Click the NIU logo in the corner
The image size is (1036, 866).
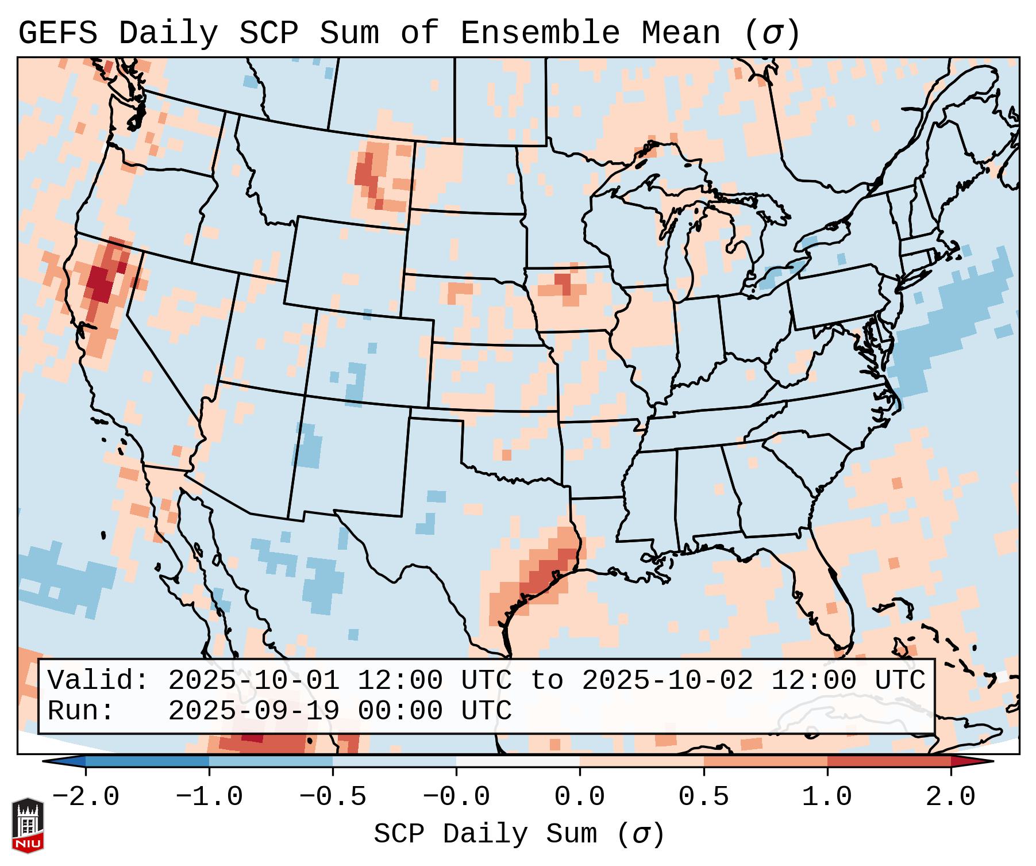[x=28, y=825]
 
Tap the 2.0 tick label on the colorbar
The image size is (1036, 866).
[x=950, y=797]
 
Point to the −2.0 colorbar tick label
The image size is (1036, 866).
[x=86, y=797]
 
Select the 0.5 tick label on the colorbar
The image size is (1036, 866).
[x=703, y=797]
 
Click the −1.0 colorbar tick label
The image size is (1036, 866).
[x=209, y=797]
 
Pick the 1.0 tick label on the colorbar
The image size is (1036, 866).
[x=827, y=797]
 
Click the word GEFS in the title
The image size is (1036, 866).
[x=57, y=33]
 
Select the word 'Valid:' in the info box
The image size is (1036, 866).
[x=98, y=681]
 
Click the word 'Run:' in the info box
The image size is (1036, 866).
[x=81, y=711]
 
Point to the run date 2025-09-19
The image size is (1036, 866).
[x=253, y=711]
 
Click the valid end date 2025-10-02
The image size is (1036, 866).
[x=667, y=681]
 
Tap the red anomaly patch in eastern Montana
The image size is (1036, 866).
[x=368, y=173]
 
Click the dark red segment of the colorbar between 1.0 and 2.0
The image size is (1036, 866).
[x=888, y=761]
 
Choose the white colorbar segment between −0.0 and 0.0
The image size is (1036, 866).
[x=518, y=761]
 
